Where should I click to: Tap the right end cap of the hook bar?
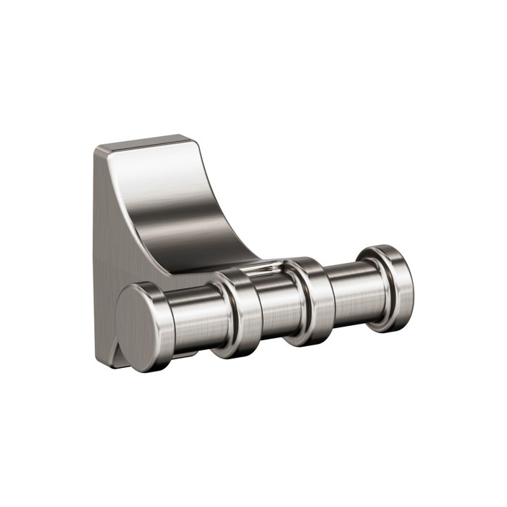pos(391,279)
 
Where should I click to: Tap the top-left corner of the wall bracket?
pos(96,149)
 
